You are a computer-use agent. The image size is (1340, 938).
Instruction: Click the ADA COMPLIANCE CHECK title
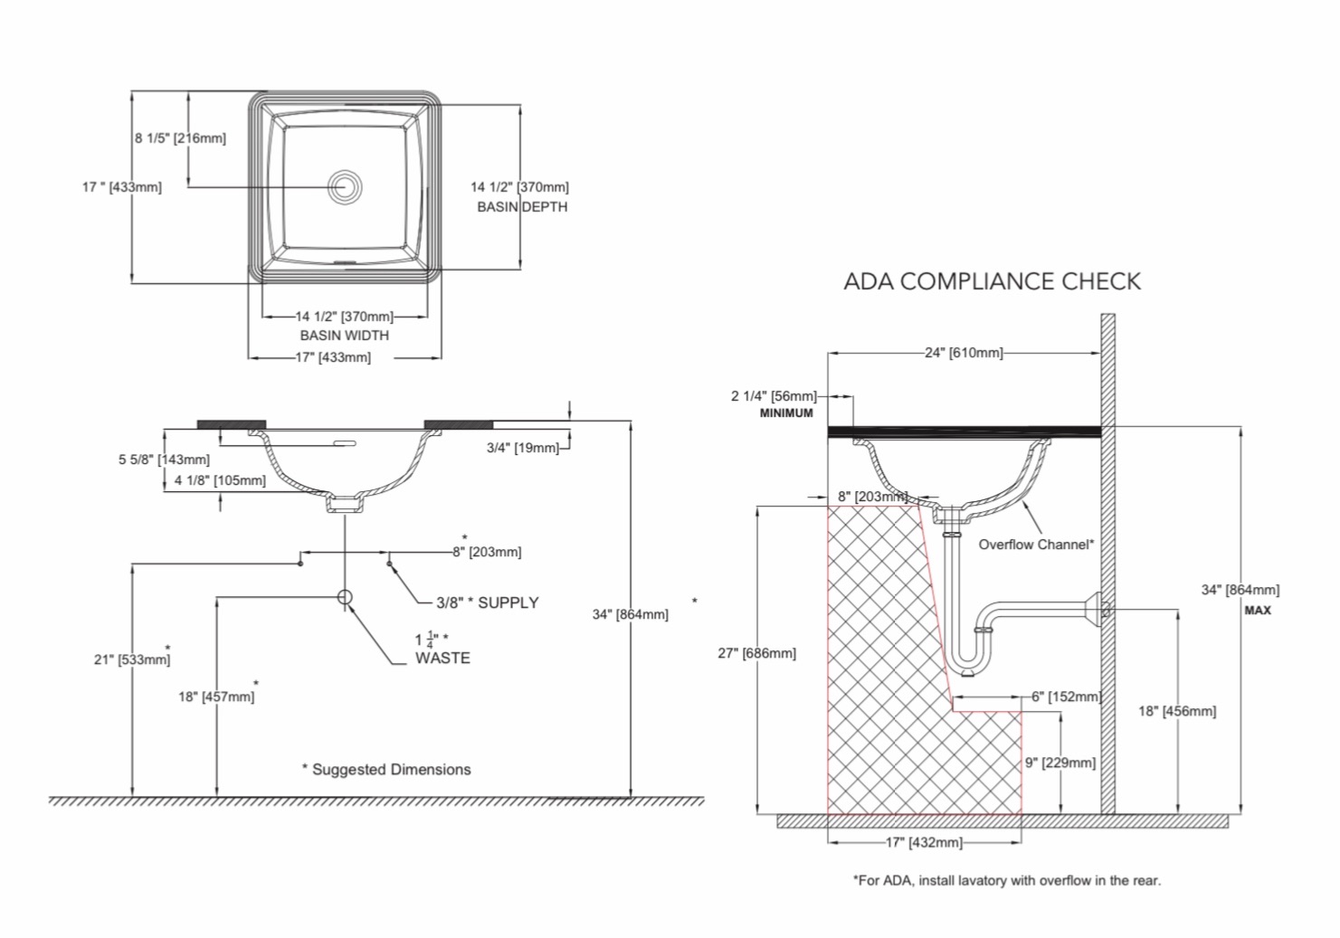tap(992, 281)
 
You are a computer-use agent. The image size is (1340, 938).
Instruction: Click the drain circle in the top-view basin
tap(345, 186)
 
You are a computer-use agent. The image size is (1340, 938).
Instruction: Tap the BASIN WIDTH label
tap(345, 335)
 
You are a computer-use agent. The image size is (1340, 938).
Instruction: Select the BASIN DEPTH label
tap(522, 207)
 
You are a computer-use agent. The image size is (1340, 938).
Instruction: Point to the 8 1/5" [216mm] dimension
tap(180, 138)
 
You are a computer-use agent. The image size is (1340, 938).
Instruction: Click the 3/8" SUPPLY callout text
tap(488, 602)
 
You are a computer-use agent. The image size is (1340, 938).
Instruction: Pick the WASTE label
tap(442, 658)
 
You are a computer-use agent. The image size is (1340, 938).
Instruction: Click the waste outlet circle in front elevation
tap(345, 597)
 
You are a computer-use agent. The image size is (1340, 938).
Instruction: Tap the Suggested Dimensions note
tap(386, 769)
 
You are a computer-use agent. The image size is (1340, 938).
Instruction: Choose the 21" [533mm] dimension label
tap(132, 659)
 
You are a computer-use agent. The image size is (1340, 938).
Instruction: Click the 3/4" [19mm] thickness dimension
tap(522, 448)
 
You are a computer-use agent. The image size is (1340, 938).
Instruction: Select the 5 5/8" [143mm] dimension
tap(164, 460)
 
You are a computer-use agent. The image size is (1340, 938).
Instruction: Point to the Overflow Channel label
tap(1036, 545)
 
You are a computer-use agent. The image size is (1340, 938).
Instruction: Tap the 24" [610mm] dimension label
tap(964, 353)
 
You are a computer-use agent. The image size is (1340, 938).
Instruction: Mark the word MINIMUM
tap(786, 413)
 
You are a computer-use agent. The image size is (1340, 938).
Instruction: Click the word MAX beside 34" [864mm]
tap(1258, 611)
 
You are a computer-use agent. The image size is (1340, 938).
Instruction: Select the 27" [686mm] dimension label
tap(756, 653)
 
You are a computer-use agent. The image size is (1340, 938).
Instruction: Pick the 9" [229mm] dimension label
tap(1060, 763)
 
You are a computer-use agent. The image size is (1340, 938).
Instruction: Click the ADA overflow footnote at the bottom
tap(1007, 881)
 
